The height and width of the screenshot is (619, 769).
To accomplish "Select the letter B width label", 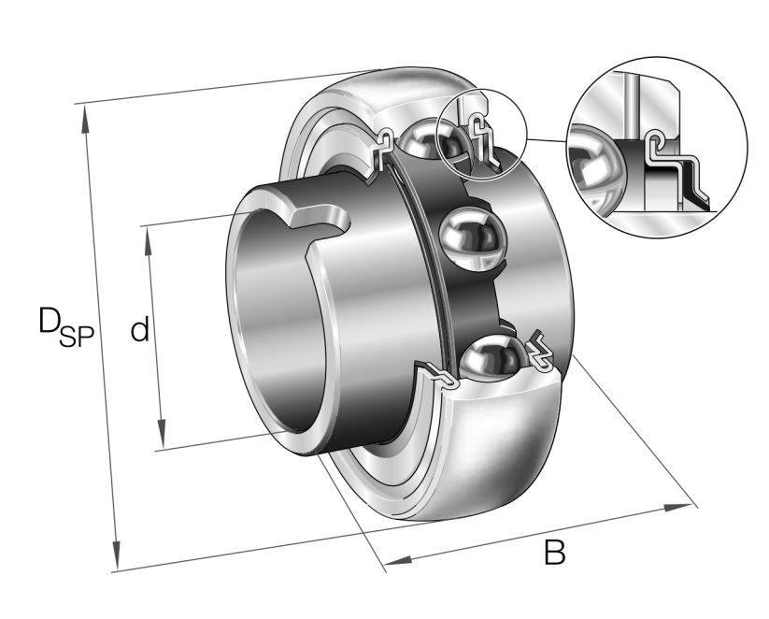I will coord(555,553).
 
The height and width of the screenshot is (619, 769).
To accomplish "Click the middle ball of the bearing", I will coord(469,240).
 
